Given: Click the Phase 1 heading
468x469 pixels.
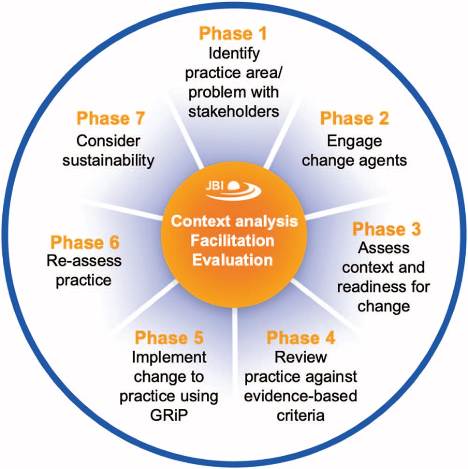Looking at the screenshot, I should pyautogui.click(x=233, y=34).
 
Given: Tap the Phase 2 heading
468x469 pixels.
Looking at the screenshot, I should pyautogui.click(x=354, y=118).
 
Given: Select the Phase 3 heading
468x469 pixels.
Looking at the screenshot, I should pyautogui.click(x=386, y=229).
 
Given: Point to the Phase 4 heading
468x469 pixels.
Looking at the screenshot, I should pyautogui.click(x=300, y=338).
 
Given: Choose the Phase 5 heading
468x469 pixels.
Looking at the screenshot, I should pyautogui.click(x=169, y=338).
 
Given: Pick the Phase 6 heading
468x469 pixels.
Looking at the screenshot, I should pyautogui.click(x=85, y=243).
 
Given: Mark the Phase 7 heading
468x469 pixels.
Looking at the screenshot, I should pyautogui.click(x=111, y=118).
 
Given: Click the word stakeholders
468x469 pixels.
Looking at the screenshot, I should pyautogui.click(x=234, y=112).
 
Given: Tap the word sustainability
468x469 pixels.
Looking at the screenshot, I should pyautogui.click(x=108, y=160).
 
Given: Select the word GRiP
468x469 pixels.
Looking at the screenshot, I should pyautogui.click(x=168, y=415).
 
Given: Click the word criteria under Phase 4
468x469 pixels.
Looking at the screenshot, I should pyautogui.click(x=300, y=415).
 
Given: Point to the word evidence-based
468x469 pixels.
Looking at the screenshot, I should pyautogui.click(x=300, y=396).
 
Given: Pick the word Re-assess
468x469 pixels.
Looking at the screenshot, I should pyautogui.click(x=84, y=261).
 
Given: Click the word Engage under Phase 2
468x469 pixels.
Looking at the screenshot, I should pyautogui.click(x=354, y=141).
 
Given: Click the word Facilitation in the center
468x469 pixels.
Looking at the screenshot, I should pyautogui.click(x=232, y=241).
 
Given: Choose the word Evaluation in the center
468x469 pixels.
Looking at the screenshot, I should pyautogui.click(x=232, y=260).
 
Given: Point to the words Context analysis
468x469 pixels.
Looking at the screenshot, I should pyautogui.click(x=234, y=221).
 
